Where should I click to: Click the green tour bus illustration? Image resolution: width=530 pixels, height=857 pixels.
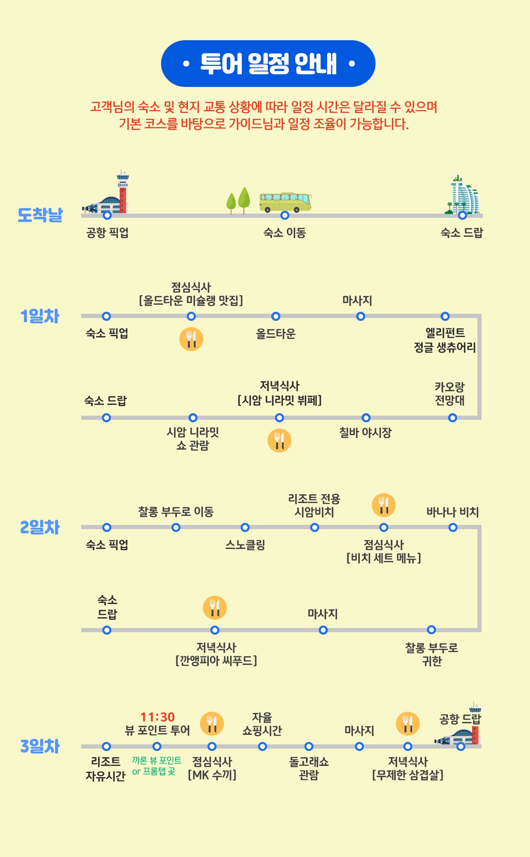285,202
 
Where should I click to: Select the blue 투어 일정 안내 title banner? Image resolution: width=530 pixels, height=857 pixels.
268,64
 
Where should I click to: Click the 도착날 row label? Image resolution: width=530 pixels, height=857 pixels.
40,215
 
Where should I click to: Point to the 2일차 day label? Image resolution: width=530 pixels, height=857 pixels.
40,527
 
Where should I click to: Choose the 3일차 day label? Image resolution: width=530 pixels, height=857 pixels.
40,746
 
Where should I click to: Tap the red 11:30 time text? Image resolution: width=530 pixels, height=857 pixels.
157,717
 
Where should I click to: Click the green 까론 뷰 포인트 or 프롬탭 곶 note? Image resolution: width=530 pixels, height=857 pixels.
157,766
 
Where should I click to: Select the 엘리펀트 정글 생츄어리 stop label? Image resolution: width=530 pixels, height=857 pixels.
445,340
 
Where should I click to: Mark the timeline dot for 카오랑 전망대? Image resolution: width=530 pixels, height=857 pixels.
453,418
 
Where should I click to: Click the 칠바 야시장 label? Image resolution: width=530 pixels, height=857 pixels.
365,433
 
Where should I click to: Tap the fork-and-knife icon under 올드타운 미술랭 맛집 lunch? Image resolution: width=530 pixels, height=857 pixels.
191,339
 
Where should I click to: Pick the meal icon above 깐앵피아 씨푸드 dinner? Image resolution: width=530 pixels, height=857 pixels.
215,608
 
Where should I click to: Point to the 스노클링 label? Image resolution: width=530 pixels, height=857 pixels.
245,545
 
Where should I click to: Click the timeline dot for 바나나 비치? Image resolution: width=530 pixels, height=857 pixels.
453,527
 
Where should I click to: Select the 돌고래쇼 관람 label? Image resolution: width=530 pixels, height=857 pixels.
309,768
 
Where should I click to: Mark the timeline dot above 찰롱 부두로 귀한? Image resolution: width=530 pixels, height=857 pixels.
431,630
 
